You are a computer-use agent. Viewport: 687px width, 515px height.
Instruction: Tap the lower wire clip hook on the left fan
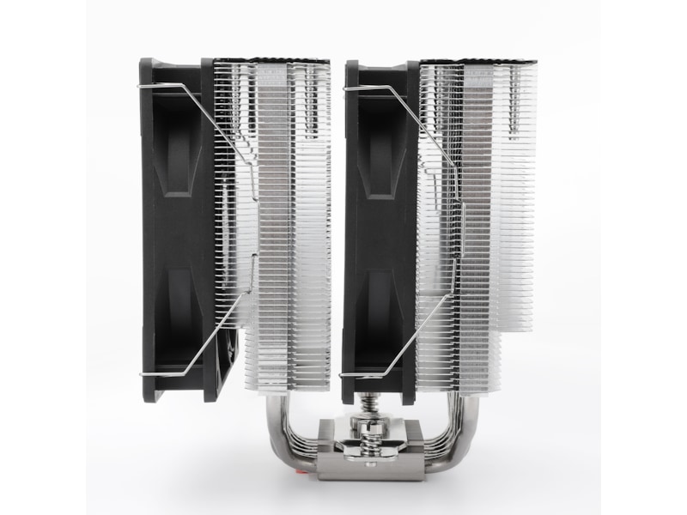(159, 374)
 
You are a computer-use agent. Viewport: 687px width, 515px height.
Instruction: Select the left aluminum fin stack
(283, 232)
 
